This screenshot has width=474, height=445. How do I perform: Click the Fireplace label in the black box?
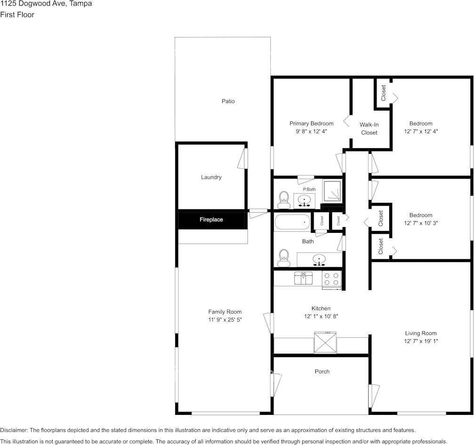pyautogui.click(x=211, y=220)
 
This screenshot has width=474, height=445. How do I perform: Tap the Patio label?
pyautogui.click(x=228, y=101)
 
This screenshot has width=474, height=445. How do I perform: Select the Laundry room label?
pyautogui.click(x=211, y=177)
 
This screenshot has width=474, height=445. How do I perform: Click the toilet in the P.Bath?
pyautogui.click(x=283, y=199)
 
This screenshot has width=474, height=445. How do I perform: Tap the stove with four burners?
pyautogui.click(x=332, y=279)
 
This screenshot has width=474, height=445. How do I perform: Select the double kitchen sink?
pyautogui.click(x=304, y=278)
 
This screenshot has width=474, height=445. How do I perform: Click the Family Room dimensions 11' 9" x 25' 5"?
pyautogui.click(x=225, y=319)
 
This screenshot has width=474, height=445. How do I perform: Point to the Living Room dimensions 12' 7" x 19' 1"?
pyautogui.click(x=421, y=341)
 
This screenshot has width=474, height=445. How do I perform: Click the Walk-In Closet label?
pyautogui.click(x=369, y=128)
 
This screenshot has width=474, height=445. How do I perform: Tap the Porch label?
pyautogui.click(x=322, y=372)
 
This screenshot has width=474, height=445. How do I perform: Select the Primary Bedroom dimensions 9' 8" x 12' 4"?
pyautogui.click(x=311, y=132)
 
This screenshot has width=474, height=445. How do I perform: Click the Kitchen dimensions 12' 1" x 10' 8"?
pyautogui.click(x=321, y=317)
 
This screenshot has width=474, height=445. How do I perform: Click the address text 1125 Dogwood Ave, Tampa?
pyautogui.click(x=46, y=4)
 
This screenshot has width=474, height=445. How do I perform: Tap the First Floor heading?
pyautogui.click(x=17, y=15)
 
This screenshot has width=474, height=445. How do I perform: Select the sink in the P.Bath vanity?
pyautogui.click(x=305, y=201)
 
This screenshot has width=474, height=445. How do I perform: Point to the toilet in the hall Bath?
pyautogui.click(x=283, y=256)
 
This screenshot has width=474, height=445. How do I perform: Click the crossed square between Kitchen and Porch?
pyautogui.click(x=326, y=342)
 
